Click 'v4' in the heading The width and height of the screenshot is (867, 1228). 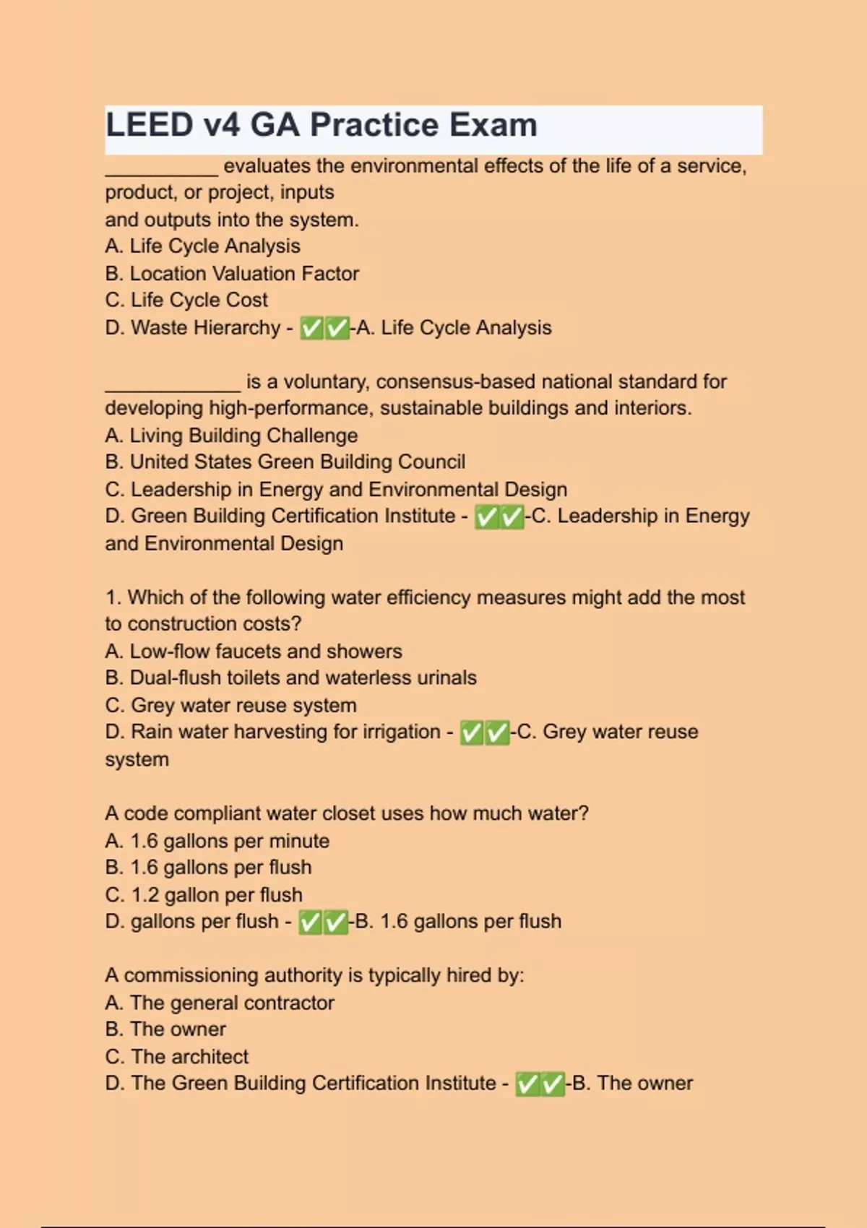(x=222, y=125)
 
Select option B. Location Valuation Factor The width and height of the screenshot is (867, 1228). (x=231, y=274)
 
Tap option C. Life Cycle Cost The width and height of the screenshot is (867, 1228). (x=186, y=300)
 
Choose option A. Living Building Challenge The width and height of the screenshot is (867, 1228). (x=231, y=436)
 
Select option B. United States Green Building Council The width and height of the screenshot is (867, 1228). (x=285, y=462)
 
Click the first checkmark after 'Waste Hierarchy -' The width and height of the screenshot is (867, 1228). (x=312, y=329)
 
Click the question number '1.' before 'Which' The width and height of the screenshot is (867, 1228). (x=113, y=598)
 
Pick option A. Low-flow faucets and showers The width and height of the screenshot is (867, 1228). (x=253, y=652)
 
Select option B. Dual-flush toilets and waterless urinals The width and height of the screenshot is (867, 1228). (x=290, y=678)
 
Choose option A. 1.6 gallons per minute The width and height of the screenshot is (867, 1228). (x=217, y=842)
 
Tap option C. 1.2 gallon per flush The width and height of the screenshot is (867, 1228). (x=203, y=895)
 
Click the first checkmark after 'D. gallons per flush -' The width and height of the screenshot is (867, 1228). (x=311, y=922)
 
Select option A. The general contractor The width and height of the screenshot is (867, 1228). (x=219, y=1003)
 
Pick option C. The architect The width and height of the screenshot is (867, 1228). (x=176, y=1057)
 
